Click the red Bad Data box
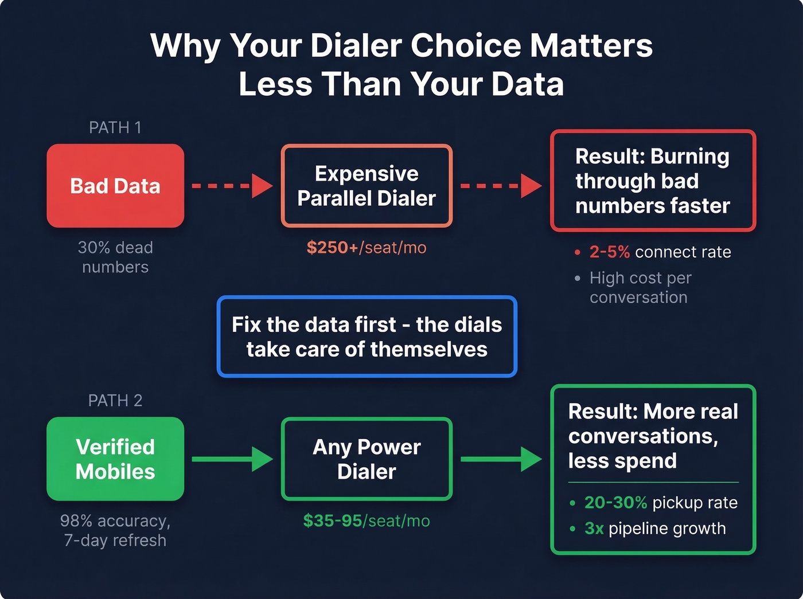pos(115,186)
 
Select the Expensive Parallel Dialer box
pos(367,186)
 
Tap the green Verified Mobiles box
pos(115,459)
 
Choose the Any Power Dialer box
pos(367,459)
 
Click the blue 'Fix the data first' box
pos(367,336)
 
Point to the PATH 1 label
pos(115,127)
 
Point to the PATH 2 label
pos(115,400)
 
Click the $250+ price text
pos(332,248)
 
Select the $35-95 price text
pos(333,520)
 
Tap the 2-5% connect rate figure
pos(610,252)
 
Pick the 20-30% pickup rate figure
pos(615,503)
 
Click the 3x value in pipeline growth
pos(594,528)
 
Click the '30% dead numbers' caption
pos(115,257)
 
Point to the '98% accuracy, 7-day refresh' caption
pos(115,530)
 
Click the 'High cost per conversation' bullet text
pos(640,287)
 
